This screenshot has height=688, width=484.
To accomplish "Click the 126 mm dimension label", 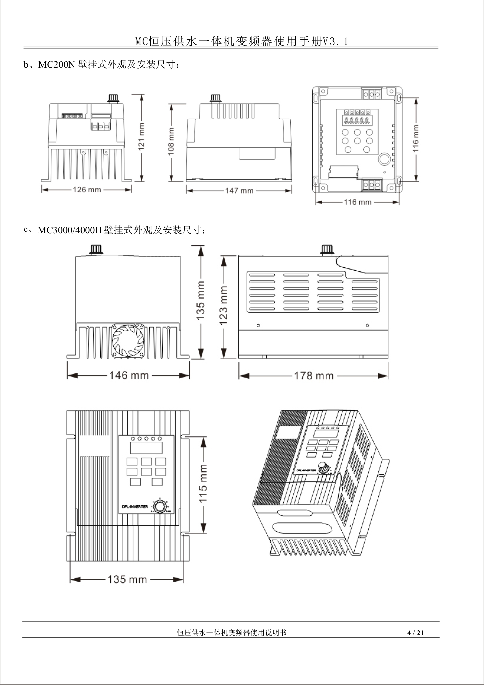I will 87,190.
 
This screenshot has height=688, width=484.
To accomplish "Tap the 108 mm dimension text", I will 171,141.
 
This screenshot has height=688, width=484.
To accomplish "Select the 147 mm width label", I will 239,191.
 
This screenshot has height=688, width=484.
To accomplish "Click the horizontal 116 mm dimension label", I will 357,202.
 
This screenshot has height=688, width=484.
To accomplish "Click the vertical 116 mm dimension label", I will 416,138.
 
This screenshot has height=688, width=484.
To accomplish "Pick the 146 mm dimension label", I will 129,375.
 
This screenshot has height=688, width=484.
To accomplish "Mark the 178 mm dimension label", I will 314,376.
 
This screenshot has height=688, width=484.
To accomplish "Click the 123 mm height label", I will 224,305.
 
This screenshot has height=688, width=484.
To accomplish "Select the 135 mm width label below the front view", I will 127,579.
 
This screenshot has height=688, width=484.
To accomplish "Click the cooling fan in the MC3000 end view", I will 128,341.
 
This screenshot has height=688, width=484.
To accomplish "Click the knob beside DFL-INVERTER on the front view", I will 160,506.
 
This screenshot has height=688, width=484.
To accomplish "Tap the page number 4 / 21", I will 416,633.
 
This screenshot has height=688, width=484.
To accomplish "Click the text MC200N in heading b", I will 56,65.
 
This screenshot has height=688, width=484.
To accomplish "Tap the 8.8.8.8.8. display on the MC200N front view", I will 357,121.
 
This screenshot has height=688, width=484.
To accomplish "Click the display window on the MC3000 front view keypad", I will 146,448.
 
